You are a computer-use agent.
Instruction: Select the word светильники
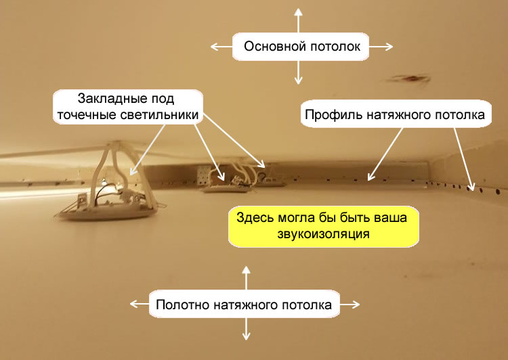tap(159, 115)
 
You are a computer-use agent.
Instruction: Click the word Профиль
tap(334, 115)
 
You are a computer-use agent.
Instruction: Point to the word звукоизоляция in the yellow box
tap(323, 233)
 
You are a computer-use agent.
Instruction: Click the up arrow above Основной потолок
tap(299, 20)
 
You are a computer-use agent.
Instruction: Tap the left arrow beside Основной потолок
tap(221, 47)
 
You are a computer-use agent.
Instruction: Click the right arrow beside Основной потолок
tap(381, 47)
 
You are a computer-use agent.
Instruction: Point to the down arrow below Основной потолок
tap(299, 72)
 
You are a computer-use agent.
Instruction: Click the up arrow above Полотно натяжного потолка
tap(247, 278)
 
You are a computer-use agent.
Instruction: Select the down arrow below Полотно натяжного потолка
tap(247, 329)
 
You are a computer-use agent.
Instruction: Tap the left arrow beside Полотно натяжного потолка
tap(140, 304)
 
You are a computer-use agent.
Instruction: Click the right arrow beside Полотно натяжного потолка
tap(350, 305)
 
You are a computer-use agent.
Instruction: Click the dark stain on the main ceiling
tap(409, 78)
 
